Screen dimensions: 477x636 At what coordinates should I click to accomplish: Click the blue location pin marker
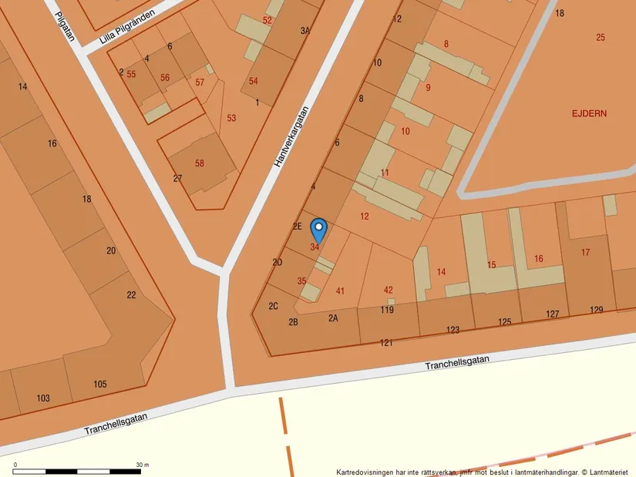tap(318, 230)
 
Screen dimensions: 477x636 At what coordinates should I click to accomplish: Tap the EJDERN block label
tap(589, 113)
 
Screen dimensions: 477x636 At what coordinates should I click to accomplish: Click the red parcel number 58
tap(200, 163)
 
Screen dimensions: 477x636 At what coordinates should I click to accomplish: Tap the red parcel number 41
tap(340, 291)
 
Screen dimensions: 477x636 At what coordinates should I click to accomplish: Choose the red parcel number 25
tap(601, 37)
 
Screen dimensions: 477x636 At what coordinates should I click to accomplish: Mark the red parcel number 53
tap(231, 118)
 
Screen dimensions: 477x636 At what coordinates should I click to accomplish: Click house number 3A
tap(305, 31)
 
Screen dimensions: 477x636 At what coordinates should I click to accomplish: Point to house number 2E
tap(297, 226)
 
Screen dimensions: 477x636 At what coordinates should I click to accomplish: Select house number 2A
tap(333, 317)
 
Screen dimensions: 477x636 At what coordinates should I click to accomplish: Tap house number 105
tap(100, 384)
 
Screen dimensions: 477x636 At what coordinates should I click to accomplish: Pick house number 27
tap(177, 178)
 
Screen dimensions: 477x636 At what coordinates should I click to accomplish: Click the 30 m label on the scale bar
tap(142, 465)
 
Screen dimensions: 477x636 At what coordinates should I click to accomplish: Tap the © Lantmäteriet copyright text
tap(605, 472)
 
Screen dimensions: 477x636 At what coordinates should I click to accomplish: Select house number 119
tap(387, 310)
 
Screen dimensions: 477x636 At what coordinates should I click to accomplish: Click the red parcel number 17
tap(585, 252)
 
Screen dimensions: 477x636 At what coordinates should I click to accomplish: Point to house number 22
tap(131, 295)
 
